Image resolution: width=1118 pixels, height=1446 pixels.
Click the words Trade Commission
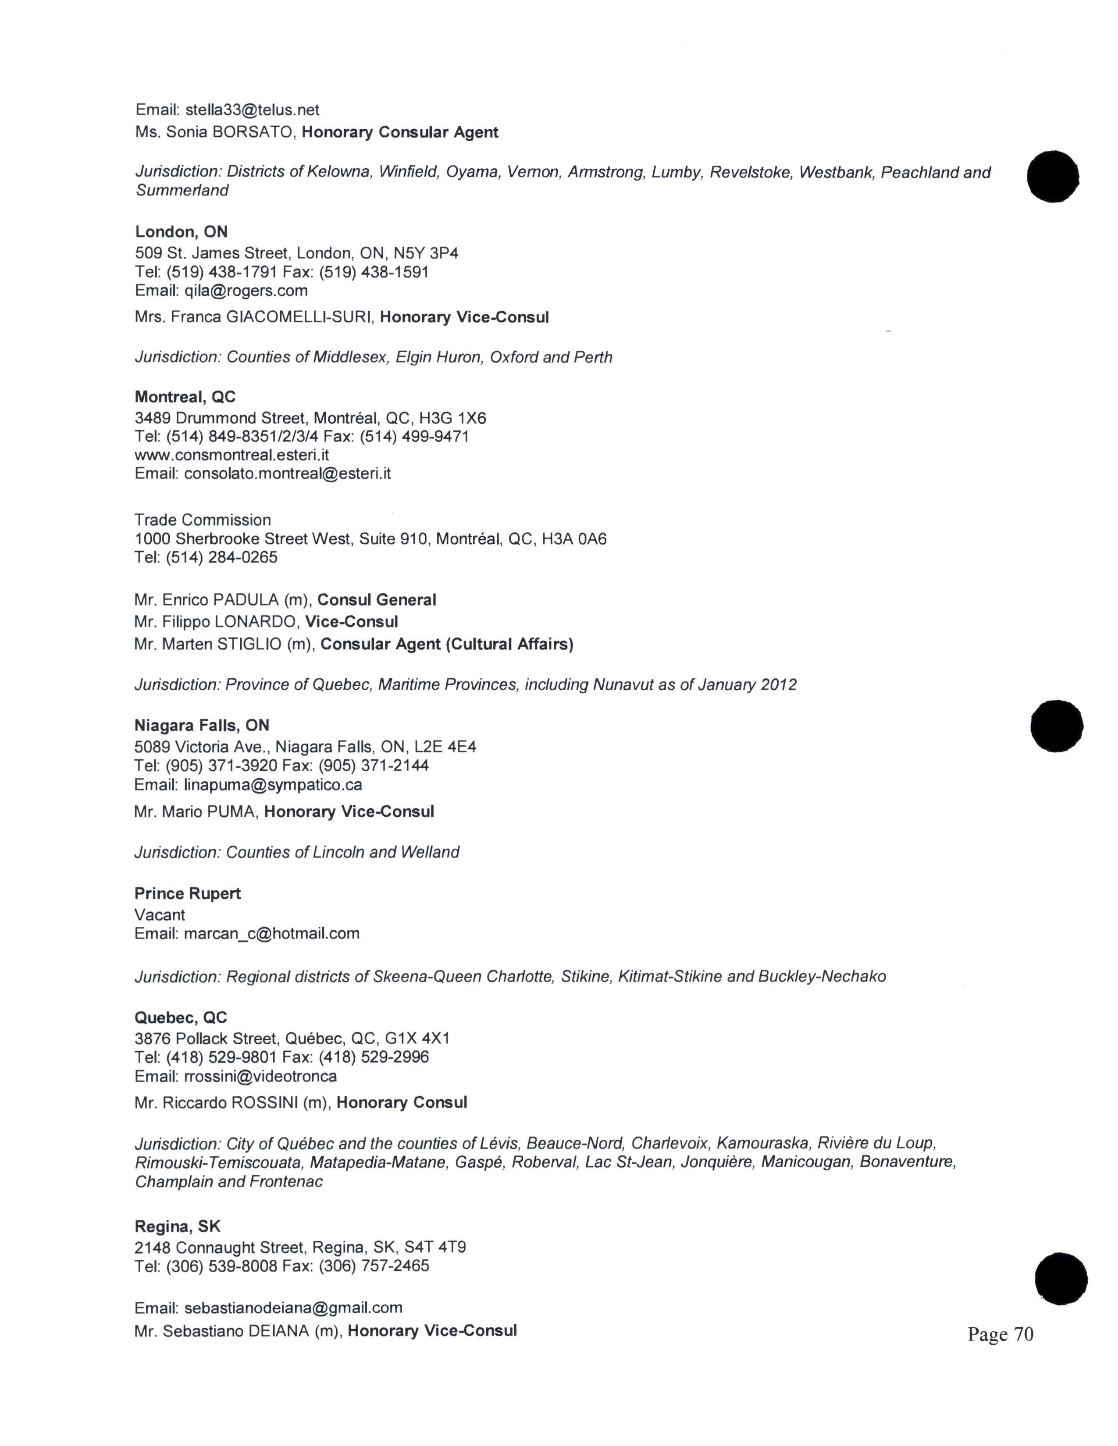(203, 520)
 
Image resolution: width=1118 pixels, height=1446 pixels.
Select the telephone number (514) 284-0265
(221, 557)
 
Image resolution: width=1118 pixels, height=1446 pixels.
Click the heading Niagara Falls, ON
(201, 725)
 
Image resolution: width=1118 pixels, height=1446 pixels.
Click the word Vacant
(160, 914)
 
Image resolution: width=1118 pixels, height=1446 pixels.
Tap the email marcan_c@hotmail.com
(271, 933)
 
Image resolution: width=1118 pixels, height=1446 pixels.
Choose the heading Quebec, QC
(180, 1017)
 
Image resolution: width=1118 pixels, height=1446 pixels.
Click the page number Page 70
(1000, 1334)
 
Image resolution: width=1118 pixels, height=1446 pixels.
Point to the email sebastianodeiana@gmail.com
(293, 1308)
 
